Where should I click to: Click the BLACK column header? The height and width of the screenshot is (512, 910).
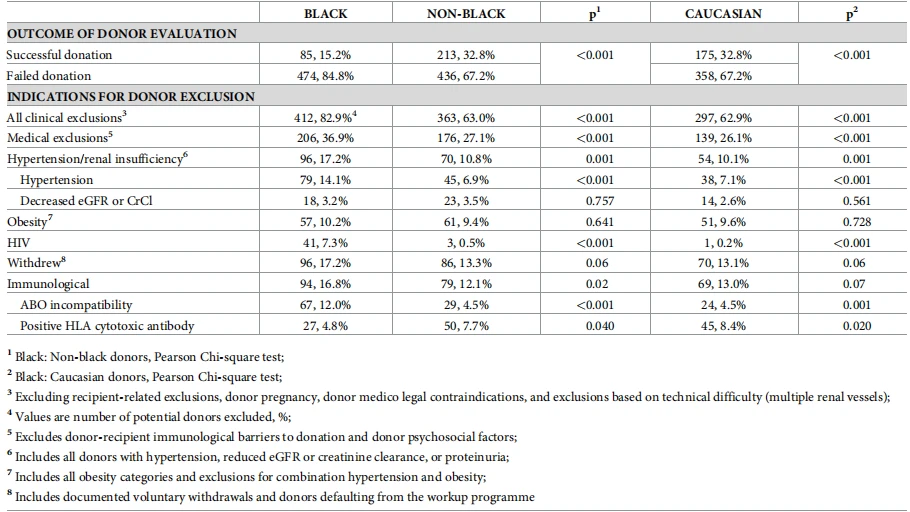tap(325, 13)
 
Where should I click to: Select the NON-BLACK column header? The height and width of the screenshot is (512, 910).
tap(466, 13)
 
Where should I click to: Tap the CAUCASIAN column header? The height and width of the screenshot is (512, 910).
tap(723, 13)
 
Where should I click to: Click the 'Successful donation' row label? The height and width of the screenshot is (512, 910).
tap(59, 55)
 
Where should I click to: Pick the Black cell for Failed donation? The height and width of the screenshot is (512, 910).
tap(325, 75)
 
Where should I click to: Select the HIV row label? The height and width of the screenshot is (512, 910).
tap(19, 243)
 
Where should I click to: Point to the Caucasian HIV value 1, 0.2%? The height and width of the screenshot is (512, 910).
tap(723, 243)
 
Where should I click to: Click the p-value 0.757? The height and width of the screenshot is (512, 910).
tap(600, 201)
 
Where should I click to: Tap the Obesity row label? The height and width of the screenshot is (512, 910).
tap(28, 221)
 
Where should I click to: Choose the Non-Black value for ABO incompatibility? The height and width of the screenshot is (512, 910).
tap(466, 305)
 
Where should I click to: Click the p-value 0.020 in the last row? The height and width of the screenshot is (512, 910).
tap(857, 326)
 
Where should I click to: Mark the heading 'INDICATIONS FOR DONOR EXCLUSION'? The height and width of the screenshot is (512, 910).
tap(131, 96)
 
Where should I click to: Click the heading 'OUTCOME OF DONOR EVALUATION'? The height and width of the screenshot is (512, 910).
tap(122, 34)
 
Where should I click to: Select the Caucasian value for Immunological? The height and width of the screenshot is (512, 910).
tap(723, 284)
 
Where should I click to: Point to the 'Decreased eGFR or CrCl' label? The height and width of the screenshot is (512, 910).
tap(86, 201)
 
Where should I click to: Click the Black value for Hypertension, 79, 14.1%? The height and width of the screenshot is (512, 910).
tap(325, 180)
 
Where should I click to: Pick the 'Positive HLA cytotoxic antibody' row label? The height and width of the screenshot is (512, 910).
tap(107, 326)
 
